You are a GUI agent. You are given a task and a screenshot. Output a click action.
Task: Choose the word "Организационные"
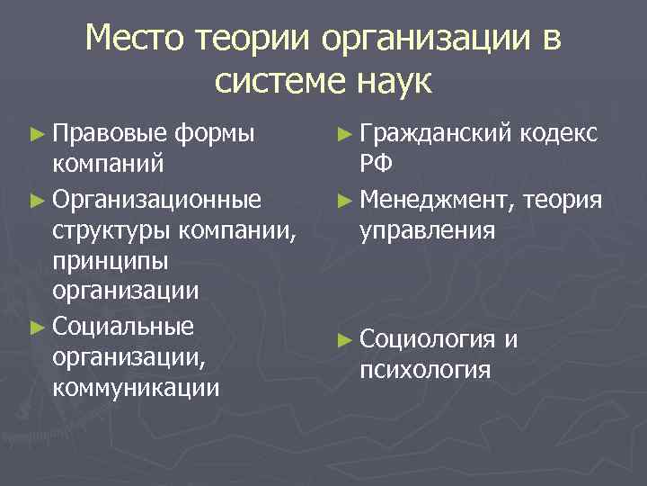157,197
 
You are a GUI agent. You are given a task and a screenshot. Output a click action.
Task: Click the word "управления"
427,229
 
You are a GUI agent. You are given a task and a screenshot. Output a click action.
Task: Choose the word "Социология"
427,338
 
